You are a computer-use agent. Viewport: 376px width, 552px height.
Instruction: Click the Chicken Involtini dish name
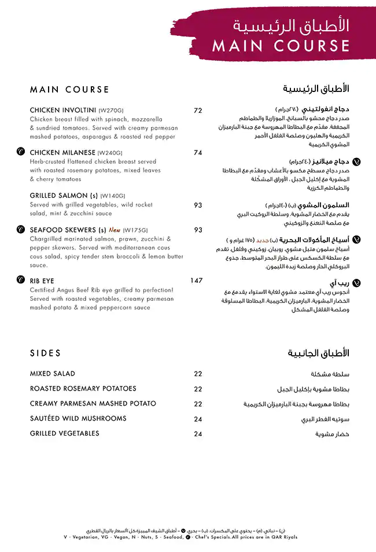[63, 110]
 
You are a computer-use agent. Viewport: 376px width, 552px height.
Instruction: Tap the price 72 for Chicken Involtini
[198, 111]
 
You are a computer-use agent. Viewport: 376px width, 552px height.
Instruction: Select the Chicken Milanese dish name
[62, 153]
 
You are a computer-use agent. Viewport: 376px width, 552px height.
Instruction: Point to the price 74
[198, 153]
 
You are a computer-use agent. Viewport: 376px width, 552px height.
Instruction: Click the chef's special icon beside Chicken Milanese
[20, 152]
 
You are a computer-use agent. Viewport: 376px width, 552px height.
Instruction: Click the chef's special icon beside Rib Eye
[20, 281]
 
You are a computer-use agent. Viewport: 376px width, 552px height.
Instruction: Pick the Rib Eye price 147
[196, 281]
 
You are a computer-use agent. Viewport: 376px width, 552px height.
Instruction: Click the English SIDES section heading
[45, 353]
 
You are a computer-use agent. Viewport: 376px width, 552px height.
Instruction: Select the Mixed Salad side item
[52, 374]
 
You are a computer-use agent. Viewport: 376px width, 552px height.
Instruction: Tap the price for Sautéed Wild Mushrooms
[198, 419]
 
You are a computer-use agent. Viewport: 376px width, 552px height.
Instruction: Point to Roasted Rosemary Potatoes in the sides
[83, 389]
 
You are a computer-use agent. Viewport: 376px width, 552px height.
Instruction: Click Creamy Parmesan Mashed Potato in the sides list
[93, 403]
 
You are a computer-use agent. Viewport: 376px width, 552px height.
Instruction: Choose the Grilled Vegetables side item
[64, 433]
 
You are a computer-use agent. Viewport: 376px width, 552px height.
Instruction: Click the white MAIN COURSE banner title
[281, 46]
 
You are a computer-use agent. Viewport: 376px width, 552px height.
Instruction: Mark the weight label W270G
[111, 111]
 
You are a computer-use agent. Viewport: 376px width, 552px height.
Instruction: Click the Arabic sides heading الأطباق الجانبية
[318, 353]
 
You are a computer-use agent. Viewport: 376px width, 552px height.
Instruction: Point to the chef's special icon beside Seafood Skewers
[20, 229]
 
